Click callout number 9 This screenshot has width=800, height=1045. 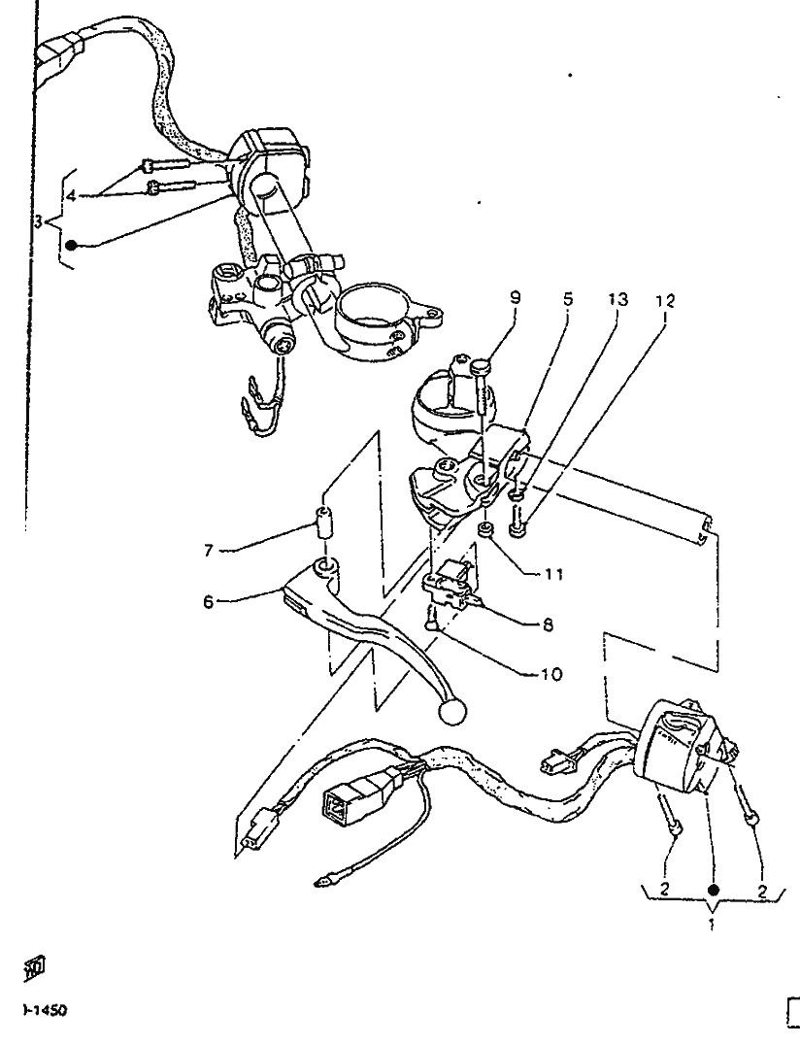click(x=515, y=298)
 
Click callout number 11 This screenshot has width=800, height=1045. click(x=554, y=573)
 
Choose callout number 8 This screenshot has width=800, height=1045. click(x=549, y=627)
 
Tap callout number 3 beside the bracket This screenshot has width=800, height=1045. click(x=38, y=221)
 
